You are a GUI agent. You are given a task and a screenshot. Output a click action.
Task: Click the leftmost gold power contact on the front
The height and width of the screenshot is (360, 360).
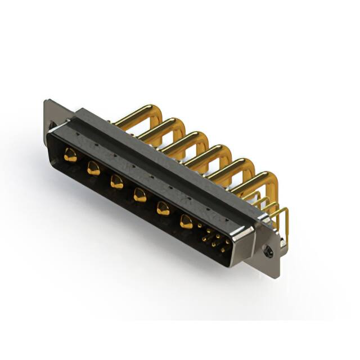pos(70,156)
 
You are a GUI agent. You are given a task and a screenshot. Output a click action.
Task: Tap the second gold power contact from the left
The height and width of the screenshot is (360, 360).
pos(93,169)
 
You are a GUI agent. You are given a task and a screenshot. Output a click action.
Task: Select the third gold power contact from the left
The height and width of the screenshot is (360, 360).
pos(116,182)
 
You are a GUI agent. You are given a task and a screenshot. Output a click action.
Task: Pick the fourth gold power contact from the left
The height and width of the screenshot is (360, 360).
pos(139,195)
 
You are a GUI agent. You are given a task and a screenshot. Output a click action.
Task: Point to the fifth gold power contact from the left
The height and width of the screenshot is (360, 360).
pos(163,208)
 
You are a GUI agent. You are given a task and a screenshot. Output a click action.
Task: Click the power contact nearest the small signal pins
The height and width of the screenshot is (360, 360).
pos(186,222)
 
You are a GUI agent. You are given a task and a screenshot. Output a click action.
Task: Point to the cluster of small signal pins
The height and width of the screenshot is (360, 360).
pos(213,237)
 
